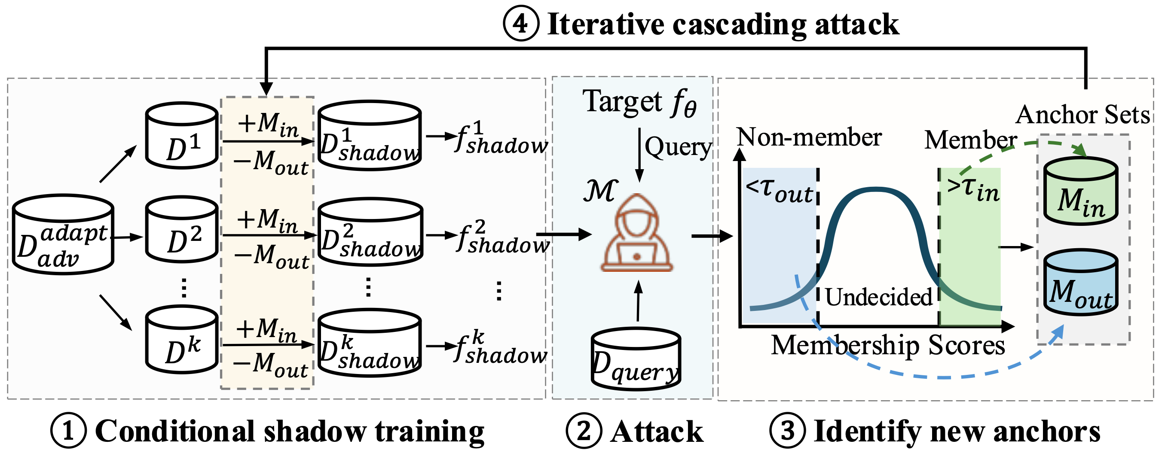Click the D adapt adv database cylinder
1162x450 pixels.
click(x=63, y=235)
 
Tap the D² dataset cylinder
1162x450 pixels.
click(x=182, y=230)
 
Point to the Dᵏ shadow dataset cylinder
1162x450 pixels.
click(x=370, y=344)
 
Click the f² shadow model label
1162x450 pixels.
click(x=502, y=236)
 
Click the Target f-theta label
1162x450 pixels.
click(x=639, y=102)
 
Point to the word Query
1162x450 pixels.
click(x=678, y=147)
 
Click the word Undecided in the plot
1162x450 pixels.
click(x=878, y=297)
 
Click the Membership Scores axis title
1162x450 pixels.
click(x=888, y=346)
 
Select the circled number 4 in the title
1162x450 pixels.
click(x=521, y=24)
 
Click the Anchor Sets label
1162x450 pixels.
click(x=1082, y=115)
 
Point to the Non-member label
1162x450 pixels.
click(x=809, y=137)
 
